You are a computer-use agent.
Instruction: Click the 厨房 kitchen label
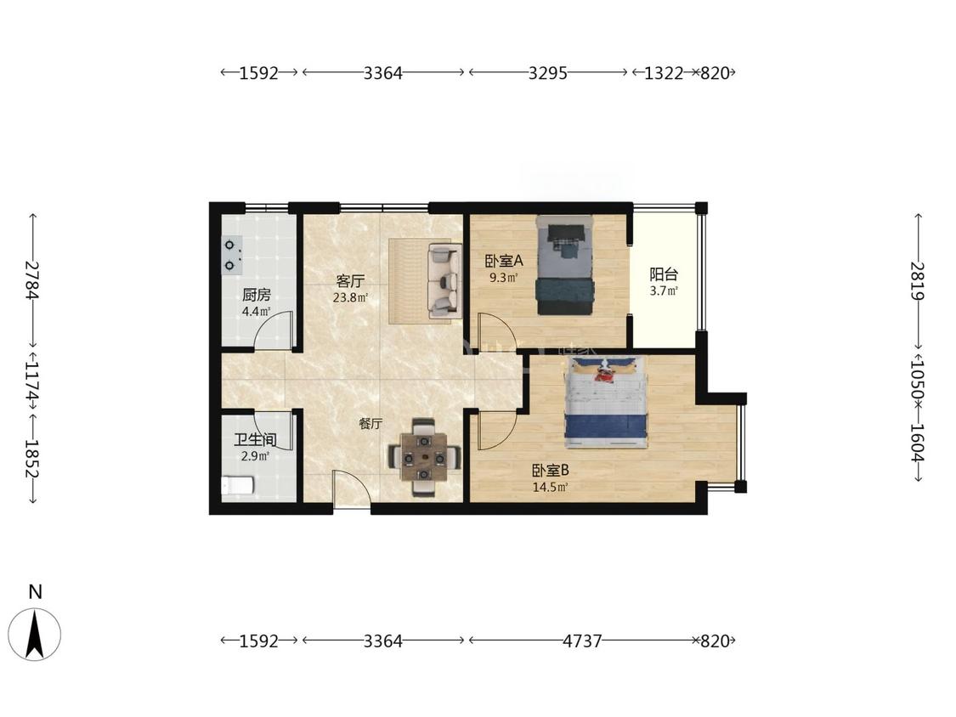point(256,295)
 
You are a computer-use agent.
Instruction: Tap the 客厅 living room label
point(350,281)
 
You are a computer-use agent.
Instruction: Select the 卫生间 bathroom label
point(255,439)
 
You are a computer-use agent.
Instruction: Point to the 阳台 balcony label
point(664,274)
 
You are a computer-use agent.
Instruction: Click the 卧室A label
point(504,261)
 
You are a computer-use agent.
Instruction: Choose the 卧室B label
point(551,471)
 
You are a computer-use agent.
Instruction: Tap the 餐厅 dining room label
point(371,424)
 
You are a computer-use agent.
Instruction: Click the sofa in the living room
point(444,281)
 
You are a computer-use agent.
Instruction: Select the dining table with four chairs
point(424,457)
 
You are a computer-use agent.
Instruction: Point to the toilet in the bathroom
point(237,485)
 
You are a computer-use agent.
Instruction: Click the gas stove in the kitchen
point(232,256)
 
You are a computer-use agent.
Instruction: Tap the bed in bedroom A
point(564,265)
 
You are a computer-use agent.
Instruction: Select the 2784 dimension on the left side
point(32,280)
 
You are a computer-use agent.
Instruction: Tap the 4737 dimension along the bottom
point(581,641)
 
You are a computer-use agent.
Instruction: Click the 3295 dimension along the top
point(547,73)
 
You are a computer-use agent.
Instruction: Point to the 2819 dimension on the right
point(919,281)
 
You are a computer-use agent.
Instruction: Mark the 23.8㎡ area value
point(350,298)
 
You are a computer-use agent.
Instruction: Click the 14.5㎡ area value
point(551,487)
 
